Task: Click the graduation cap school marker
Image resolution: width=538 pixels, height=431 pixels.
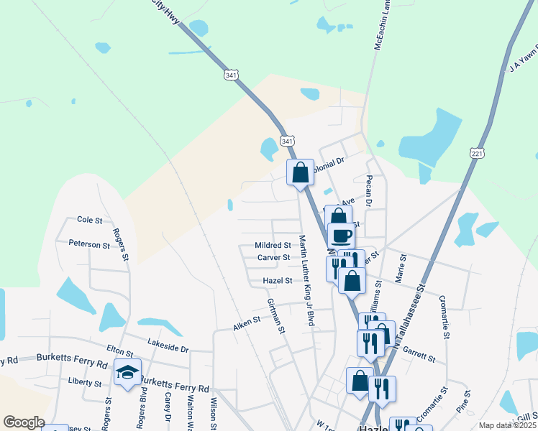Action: pos(127,373)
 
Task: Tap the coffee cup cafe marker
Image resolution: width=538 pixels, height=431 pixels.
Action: pos(341,235)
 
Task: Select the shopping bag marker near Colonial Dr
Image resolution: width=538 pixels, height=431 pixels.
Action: pos(300,172)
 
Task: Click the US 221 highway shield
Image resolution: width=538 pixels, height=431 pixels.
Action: pos(477,154)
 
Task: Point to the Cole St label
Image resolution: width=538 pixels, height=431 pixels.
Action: pos(90,220)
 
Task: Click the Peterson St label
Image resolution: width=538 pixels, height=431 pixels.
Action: pos(89,244)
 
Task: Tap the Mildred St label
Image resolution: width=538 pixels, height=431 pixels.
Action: pos(273,245)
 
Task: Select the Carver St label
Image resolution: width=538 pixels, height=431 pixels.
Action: pos(273,257)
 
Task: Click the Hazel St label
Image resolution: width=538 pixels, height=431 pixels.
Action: pos(277,281)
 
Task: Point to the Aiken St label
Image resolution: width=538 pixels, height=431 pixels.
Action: pos(246,324)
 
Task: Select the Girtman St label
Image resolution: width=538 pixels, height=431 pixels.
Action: pos(276,316)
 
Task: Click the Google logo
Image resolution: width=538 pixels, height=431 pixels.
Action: pos(24,422)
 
